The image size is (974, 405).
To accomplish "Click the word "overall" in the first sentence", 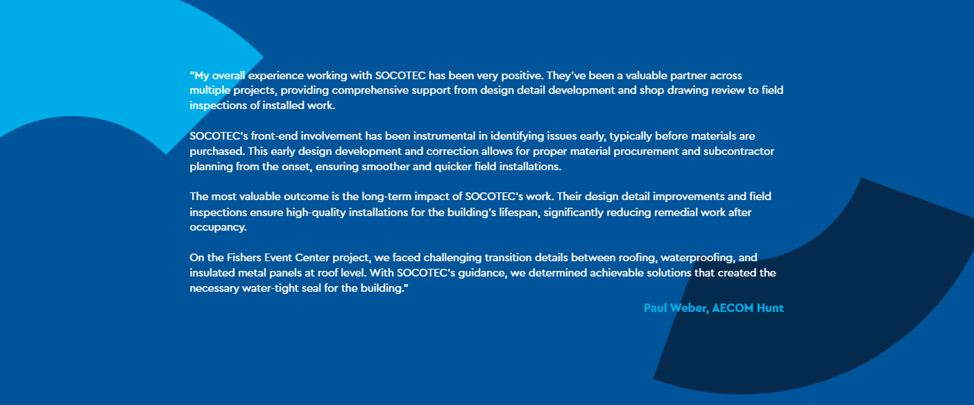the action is click(229, 75).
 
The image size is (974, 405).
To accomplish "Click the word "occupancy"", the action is click(218, 228).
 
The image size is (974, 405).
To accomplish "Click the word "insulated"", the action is click(212, 272).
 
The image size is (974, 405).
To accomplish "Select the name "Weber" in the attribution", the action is click(689, 308).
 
